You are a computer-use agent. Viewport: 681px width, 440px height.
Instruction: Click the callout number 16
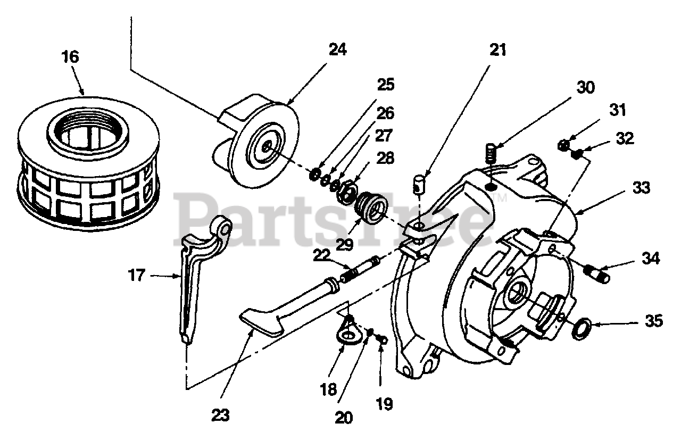click(70, 57)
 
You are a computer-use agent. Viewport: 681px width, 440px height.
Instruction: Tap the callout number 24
click(337, 49)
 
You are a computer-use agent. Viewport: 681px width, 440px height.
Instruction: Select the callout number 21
click(498, 50)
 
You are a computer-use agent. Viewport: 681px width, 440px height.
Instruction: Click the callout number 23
click(220, 415)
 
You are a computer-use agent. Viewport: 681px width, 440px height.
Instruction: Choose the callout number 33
click(641, 188)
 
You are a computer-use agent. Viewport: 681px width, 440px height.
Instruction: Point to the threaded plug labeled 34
click(596, 273)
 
